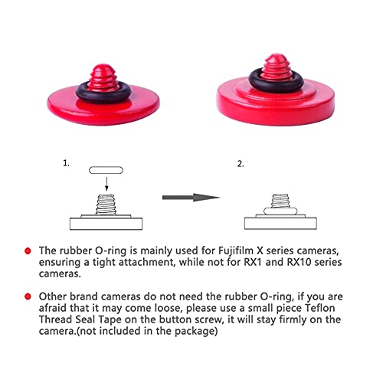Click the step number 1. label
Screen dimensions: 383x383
tap(66, 163)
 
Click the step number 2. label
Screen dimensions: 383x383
tap(241, 163)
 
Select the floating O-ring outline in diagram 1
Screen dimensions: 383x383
tap(106, 171)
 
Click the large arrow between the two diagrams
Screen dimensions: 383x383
tap(191, 198)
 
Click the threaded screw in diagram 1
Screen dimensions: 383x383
tap(106, 206)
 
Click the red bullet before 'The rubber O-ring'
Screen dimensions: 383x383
tap(28, 250)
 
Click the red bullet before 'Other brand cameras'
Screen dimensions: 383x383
tap(28, 296)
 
